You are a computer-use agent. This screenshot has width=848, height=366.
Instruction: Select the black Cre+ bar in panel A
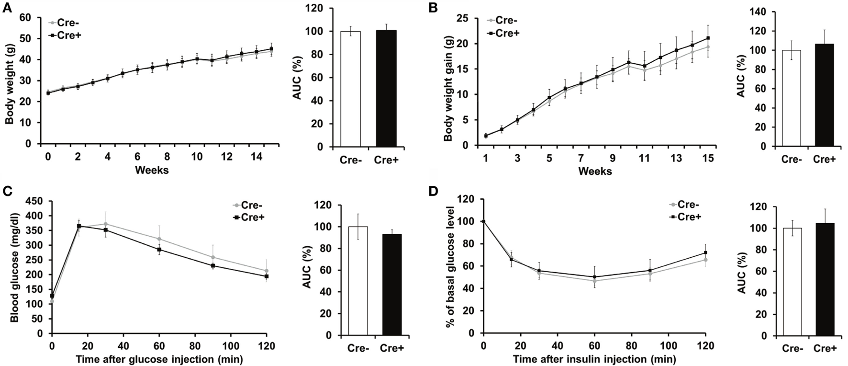coord(386,88)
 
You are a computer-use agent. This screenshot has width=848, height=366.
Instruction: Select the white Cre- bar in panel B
coord(791,98)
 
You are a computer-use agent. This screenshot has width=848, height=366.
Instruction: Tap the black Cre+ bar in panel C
coord(392,285)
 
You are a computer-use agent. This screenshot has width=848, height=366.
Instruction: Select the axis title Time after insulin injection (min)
coord(594,358)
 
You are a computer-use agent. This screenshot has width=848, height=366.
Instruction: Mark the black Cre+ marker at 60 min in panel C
coord(159,249)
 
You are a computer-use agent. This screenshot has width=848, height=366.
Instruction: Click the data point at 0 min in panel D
coord(483,221)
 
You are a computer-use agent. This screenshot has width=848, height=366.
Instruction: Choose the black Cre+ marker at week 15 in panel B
coord(708,38)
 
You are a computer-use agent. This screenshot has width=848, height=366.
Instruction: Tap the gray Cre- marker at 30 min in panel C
coord(105,224)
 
